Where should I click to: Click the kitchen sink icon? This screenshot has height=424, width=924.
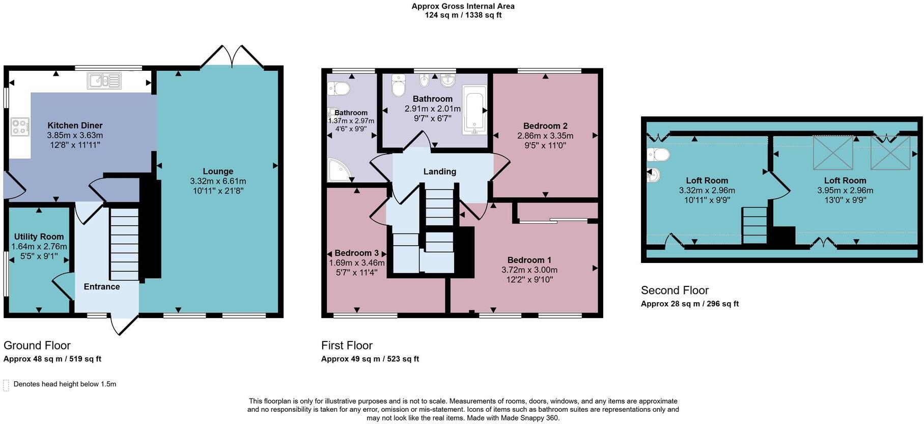(x=104, y=81)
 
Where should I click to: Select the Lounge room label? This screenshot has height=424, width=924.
(x=218, y=172)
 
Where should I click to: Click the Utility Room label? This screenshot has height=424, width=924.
(x=39, y=236)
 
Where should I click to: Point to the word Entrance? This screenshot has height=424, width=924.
(x=102, y=287)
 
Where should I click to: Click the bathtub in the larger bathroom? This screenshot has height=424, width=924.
(x=474, y=110)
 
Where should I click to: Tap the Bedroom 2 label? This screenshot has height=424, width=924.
(x=545, y=126)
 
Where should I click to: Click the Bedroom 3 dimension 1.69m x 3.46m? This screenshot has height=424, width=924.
(x=357, y=263)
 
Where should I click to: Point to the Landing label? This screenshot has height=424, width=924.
(x=440, y=172)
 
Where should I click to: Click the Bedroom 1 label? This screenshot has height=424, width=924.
(x=529, y=260)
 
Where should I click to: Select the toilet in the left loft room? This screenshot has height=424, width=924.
(x=658, y=154)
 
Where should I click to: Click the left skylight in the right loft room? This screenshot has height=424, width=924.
(x=833, y=152)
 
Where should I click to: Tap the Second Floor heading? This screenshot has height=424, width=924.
(x=675, y=290)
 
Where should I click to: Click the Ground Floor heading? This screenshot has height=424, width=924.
(x=37, y=346)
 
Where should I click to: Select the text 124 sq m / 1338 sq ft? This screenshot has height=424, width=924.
(x=463, y=15)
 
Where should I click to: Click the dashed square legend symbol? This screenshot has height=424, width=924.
(x=6, y=385)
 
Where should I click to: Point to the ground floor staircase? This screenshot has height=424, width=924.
(x=125, y=245)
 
